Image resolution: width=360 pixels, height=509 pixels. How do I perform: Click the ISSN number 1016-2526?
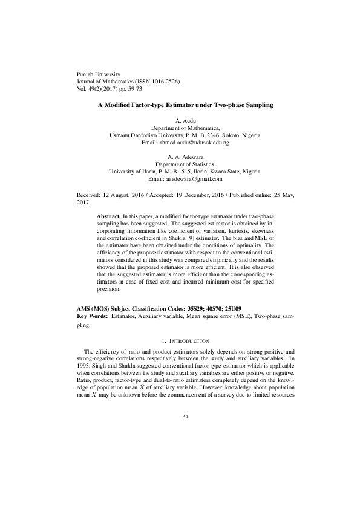coord(159,80)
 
